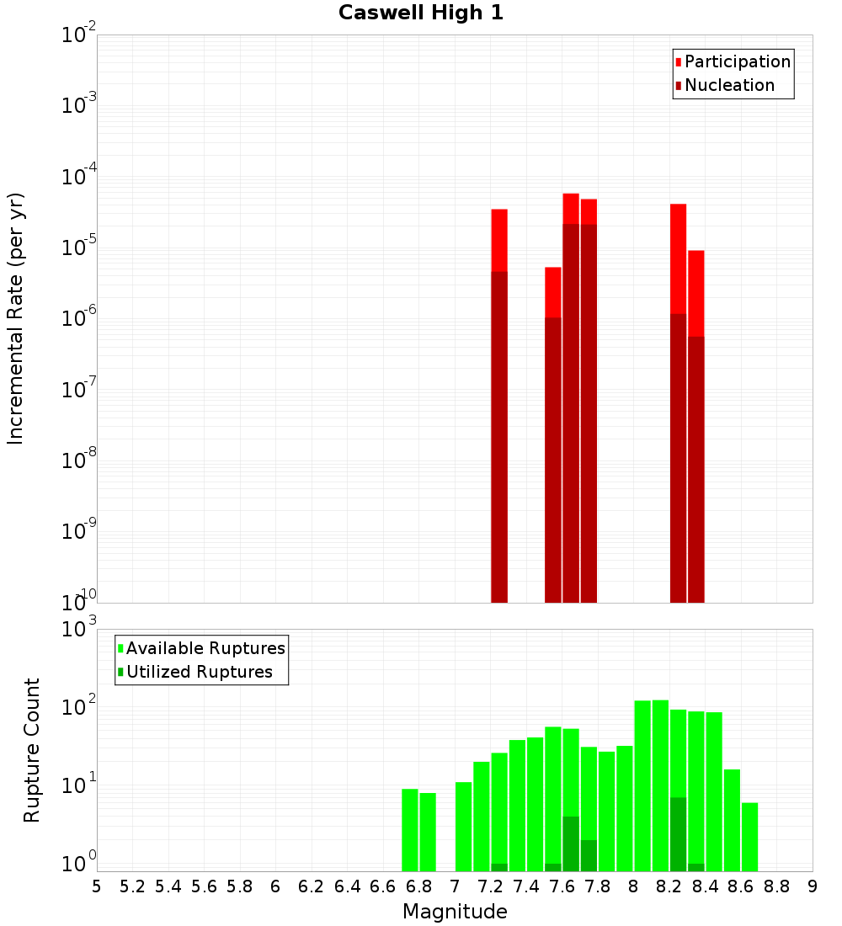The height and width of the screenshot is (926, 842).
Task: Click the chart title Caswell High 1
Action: point(421,13)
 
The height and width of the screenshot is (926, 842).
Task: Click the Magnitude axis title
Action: point(455,912)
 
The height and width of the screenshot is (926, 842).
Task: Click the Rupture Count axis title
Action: point(32,750)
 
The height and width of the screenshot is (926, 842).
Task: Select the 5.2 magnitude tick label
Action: point(132,886)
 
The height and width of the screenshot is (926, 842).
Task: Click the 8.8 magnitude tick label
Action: point(776,886)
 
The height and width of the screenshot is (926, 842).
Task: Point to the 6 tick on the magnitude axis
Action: point(275,886)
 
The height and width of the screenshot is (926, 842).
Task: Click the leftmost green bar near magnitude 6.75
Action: point(410,829)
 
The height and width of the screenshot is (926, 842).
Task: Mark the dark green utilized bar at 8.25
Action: point(678,833)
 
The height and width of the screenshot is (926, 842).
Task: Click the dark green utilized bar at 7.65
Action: point(571,844)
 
